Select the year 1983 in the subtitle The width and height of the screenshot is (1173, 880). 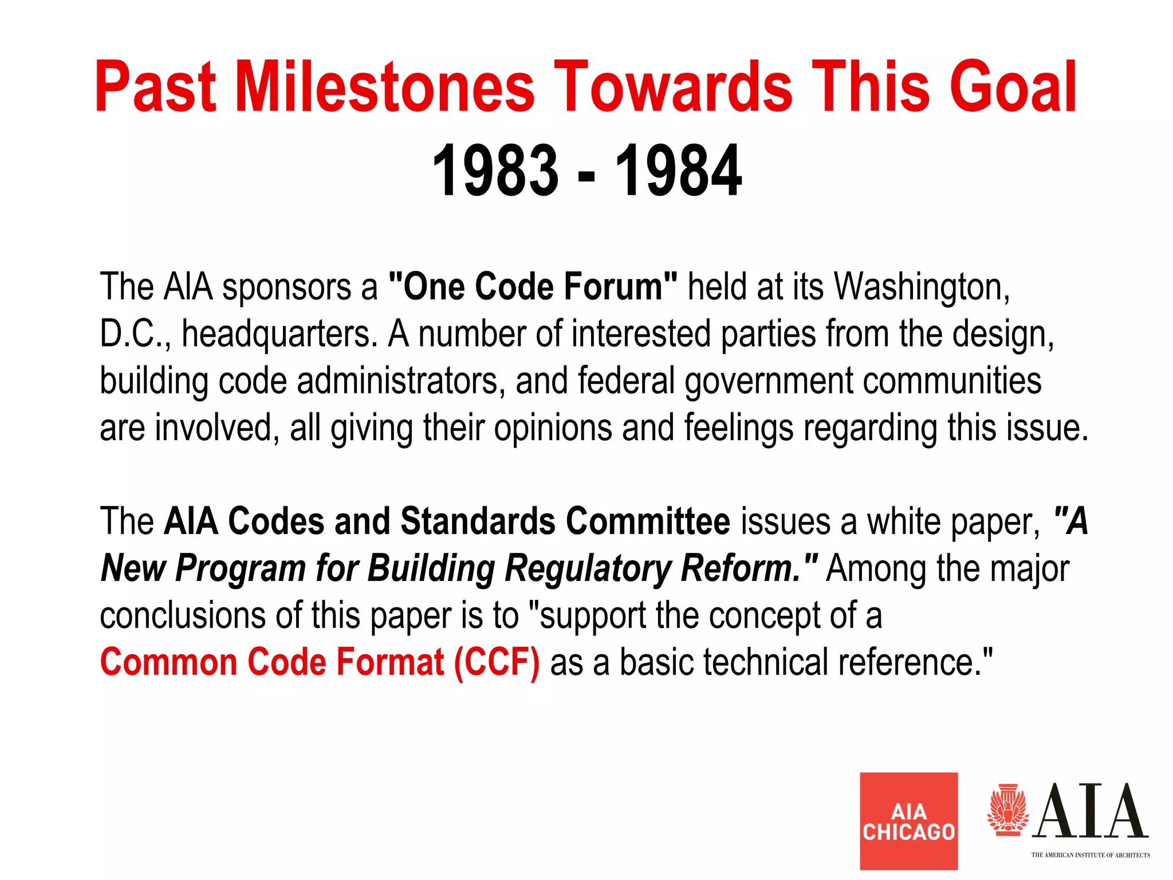point(495,171)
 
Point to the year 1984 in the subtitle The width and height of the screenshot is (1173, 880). point(678,171)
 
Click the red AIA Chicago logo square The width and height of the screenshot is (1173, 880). point(908,820)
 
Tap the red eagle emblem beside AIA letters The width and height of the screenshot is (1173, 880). point(1008,810)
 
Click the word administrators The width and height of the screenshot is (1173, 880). point(401,381)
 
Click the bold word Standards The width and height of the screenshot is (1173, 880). point(478,521)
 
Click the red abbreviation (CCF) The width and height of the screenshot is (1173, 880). point(497,662)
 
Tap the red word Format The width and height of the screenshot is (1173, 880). point(389,662)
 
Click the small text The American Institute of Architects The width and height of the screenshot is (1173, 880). point(1090,855)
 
